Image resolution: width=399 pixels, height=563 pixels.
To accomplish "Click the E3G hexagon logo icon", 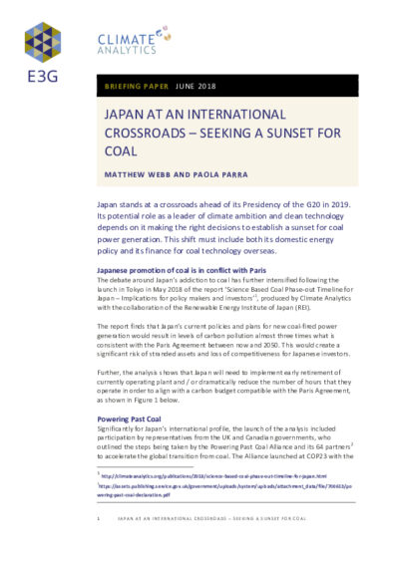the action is pyautogui.click(x=43, y=43).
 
